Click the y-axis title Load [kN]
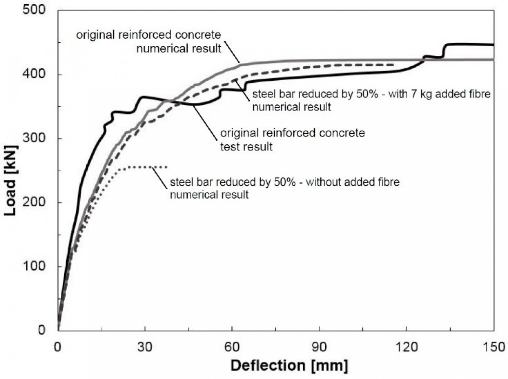coord(11,180)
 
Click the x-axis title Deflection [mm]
coord(289,366)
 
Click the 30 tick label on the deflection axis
coord(145,347)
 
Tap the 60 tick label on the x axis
coord(232,347)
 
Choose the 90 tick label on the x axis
coord(319,347)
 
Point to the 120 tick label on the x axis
coord(406,347)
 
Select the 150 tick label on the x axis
coord(493,347)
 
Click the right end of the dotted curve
coord(166,167)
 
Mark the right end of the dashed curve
coord(394,65)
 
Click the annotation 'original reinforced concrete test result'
coord(292,140)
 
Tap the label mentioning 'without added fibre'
coord(285,188)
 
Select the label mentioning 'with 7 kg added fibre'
coord(371,100)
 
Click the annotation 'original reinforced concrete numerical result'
coord(149,41)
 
